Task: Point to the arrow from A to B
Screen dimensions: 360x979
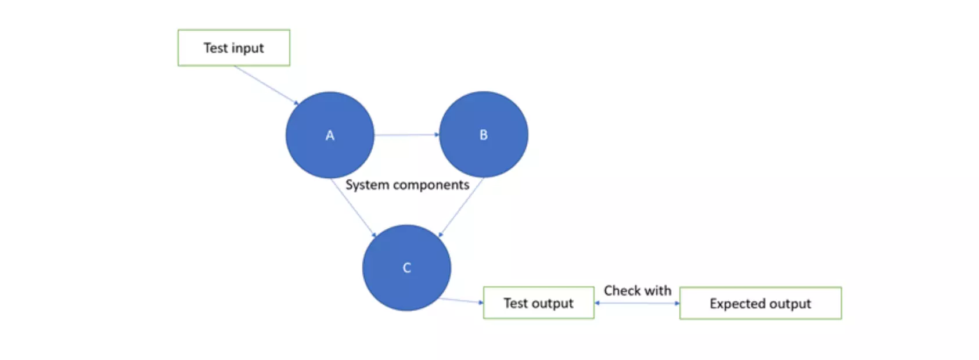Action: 406,135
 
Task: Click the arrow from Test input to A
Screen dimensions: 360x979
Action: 266,85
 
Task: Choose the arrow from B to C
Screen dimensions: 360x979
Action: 462,207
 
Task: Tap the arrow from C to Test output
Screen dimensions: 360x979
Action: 462,300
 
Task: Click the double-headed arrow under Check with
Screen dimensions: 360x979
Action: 637,303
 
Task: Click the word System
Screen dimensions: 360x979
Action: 367,185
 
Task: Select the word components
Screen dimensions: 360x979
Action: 431,185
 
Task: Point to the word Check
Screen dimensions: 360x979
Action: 622,290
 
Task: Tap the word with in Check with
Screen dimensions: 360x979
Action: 657,290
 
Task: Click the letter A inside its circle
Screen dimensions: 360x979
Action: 330,135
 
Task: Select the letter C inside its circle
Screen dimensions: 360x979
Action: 406,268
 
